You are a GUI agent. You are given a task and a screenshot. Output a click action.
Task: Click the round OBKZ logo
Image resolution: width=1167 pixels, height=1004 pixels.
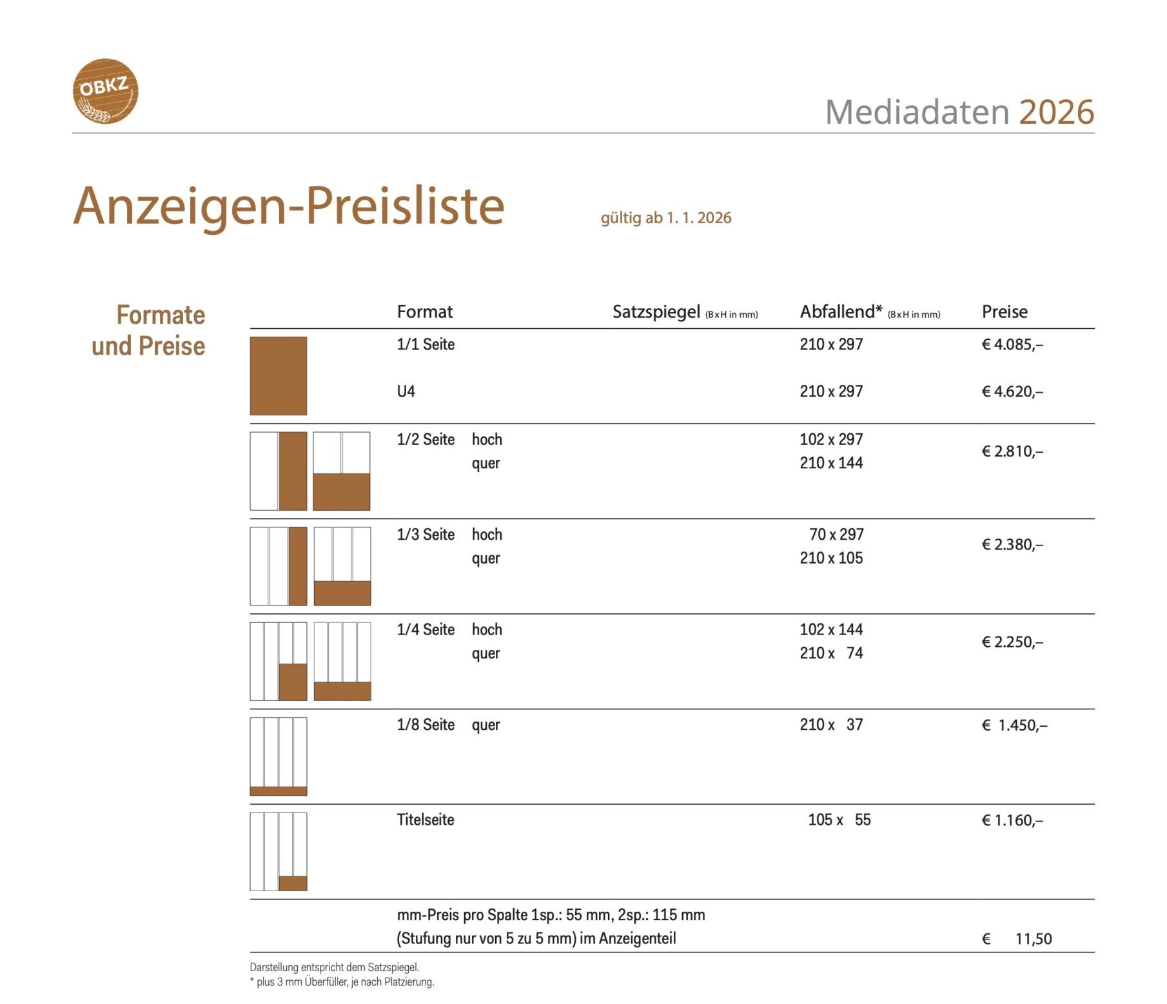click(x=105, y=91)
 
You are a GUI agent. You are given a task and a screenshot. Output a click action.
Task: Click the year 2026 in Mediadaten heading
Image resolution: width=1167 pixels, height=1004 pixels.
click(x=1056, y=112)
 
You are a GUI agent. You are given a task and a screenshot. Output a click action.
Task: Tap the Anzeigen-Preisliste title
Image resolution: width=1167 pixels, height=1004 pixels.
click(x=288, y=206)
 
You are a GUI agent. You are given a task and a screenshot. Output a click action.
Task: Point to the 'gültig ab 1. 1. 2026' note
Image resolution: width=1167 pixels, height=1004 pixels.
click(x=665, y=218)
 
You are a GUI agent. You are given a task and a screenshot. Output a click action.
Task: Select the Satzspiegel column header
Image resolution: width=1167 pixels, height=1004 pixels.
click(x=656, y=312)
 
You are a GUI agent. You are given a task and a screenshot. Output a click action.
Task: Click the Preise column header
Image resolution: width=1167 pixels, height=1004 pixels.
click(x=1004, y=312)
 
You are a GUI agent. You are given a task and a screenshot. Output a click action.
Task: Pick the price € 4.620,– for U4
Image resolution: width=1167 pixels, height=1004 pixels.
click(x=1012, y=392)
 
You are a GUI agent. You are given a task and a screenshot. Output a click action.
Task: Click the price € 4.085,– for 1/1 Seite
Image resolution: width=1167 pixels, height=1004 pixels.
click(x=1012, y=345)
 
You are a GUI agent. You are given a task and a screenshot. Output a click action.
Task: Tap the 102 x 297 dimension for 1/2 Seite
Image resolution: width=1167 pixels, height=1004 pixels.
click(x=830, y=440)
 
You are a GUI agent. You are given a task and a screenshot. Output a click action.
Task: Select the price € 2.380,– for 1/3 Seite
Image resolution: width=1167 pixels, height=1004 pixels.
click(x=1012, y=545)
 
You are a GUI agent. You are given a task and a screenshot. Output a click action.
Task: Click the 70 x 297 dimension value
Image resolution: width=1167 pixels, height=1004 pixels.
click(x=836, y=535)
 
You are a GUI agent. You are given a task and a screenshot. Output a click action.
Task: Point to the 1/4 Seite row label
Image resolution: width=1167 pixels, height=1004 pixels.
click(x=426, y=630)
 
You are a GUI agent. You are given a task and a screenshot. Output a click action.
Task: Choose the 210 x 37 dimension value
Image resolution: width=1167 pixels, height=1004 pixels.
click(x=830, y=725)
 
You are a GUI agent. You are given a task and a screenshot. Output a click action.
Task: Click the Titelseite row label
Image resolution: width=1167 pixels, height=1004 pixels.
click(x=426, y=820)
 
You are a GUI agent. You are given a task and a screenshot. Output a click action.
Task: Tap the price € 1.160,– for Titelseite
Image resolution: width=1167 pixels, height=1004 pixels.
click(x=1012, y=821)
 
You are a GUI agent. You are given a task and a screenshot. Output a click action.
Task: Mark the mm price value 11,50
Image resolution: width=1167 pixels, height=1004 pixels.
click(x=1033, y=939)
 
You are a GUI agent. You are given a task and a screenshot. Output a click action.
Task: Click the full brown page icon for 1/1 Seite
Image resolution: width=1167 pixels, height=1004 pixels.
click(x=278, y=376)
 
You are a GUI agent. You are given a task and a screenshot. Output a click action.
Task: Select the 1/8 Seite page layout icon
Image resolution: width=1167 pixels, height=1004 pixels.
click(x=278, y=756)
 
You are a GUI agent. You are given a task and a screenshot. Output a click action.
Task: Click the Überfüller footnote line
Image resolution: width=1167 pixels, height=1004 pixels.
click(x=342, y=982)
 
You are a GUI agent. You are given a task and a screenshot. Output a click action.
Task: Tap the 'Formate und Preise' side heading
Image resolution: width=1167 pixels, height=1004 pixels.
click(x=149, y=331)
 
